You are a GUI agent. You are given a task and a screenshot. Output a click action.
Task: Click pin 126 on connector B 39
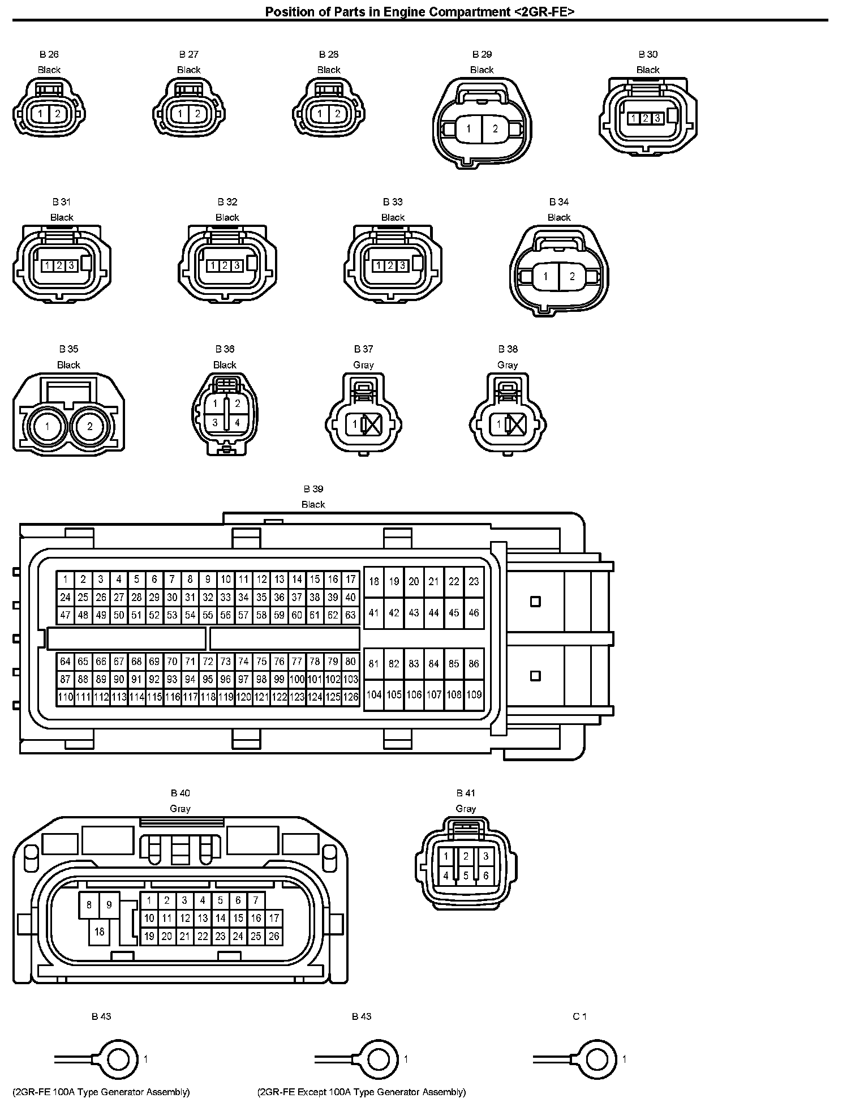click(351, 697)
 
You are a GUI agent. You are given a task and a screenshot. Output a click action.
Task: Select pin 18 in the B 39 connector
click(374, 581)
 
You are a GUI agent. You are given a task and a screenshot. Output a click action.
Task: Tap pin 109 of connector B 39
click(474, 694)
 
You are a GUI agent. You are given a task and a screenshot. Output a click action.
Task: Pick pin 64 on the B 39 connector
click(66, 661)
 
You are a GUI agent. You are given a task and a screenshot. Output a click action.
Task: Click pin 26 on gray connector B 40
click(274, 936)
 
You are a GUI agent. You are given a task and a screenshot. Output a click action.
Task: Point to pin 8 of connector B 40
click(89, 905)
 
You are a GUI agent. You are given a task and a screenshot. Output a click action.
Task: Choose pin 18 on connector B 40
click(100, 932)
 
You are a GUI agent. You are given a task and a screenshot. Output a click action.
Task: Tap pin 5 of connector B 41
click(466, 876)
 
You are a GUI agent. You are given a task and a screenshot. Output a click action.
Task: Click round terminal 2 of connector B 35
click(89, 426)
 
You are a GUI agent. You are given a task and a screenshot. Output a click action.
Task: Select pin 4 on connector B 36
click(237, 422)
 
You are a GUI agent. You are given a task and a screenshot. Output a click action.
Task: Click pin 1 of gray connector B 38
click(499, 424)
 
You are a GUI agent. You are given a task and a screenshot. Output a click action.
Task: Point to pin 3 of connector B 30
click(657, 118)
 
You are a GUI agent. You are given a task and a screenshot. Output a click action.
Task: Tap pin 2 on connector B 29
click(495, 128)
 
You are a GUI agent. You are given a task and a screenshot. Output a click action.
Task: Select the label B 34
click(559, 202)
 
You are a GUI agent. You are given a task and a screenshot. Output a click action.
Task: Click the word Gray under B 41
click(466, 809)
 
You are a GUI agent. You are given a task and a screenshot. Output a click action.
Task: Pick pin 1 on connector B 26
click(40, 114)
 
